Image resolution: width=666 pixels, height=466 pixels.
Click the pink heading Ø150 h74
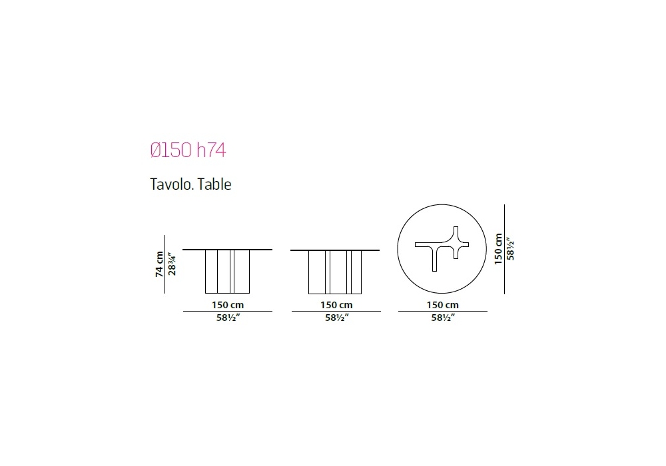click(188, 150)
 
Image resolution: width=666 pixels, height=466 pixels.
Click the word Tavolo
click(172, 184)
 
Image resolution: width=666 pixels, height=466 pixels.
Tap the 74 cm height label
click(159, 264)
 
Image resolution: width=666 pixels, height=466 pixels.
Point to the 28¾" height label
click(172, 264)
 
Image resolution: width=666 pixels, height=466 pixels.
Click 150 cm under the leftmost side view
click(228, 305)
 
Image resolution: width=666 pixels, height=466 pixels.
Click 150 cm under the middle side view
click(336, 305)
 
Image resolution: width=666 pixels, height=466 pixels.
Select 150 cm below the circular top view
click(443, 305)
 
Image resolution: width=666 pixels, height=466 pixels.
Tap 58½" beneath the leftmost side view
click(228, 318)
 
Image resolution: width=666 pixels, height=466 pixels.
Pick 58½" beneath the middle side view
click(337, 318)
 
